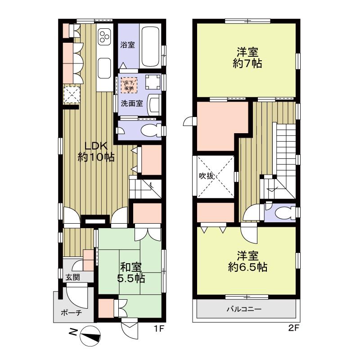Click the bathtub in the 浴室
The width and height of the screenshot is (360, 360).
[150, 47]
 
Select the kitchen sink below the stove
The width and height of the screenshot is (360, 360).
[104, 68]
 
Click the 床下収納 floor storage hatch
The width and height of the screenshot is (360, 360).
[129, 85]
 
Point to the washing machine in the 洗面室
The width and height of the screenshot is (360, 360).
[153, 82]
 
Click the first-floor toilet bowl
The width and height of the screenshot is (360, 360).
[151, 130]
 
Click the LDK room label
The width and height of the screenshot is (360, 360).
[96, 146]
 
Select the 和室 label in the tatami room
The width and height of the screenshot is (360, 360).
[131, 267]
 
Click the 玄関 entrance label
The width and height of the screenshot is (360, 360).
[72, 277]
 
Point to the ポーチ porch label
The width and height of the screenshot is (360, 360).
[71, 313]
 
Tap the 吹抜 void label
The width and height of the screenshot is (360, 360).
[207, 176]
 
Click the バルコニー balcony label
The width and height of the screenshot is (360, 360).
[244, 309]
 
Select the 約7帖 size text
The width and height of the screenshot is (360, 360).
[247, 63]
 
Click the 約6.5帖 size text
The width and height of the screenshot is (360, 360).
[247, 267]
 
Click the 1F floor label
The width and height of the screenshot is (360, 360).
[158, 329]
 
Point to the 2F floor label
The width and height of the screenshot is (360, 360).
[294, 328]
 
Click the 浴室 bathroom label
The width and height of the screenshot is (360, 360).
[127, 45]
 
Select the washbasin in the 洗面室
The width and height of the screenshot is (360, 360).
[154, 105]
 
